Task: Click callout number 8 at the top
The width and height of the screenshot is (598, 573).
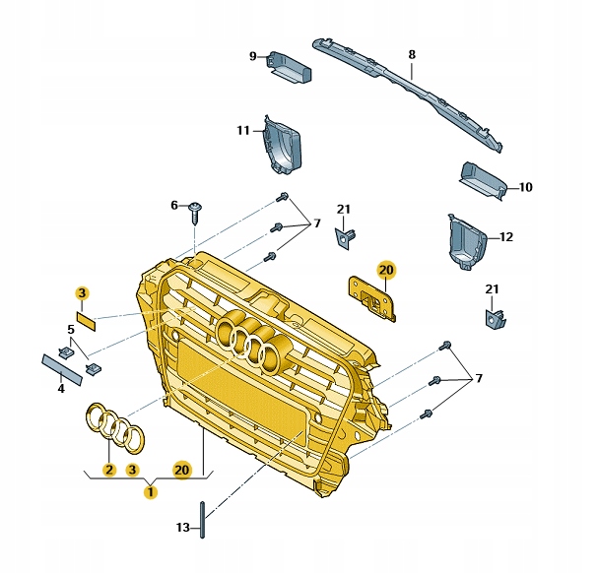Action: click(412, 55)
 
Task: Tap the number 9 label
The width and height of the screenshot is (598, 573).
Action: click(253, 55)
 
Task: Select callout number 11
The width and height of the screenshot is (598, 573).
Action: click(243, 130)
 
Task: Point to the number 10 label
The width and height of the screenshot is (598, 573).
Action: click(525, 186)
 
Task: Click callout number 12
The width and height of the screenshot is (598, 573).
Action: click(506, 236)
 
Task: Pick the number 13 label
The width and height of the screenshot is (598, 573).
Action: click(183, 528)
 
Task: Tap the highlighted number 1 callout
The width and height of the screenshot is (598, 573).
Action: click(150, 490)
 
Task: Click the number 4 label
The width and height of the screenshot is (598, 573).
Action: click(60, 388)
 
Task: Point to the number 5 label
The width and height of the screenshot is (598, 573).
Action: click(71, 329)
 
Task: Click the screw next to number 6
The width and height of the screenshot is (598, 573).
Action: click(197, 208)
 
